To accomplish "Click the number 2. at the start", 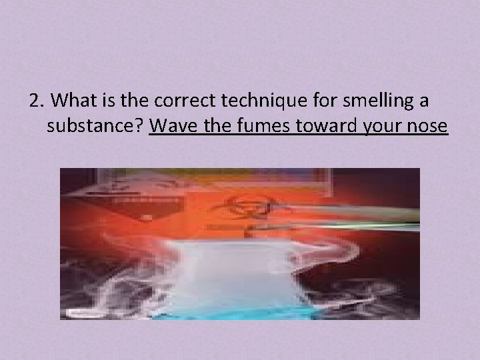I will pos(37,101).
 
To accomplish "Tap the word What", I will pos(71,101).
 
